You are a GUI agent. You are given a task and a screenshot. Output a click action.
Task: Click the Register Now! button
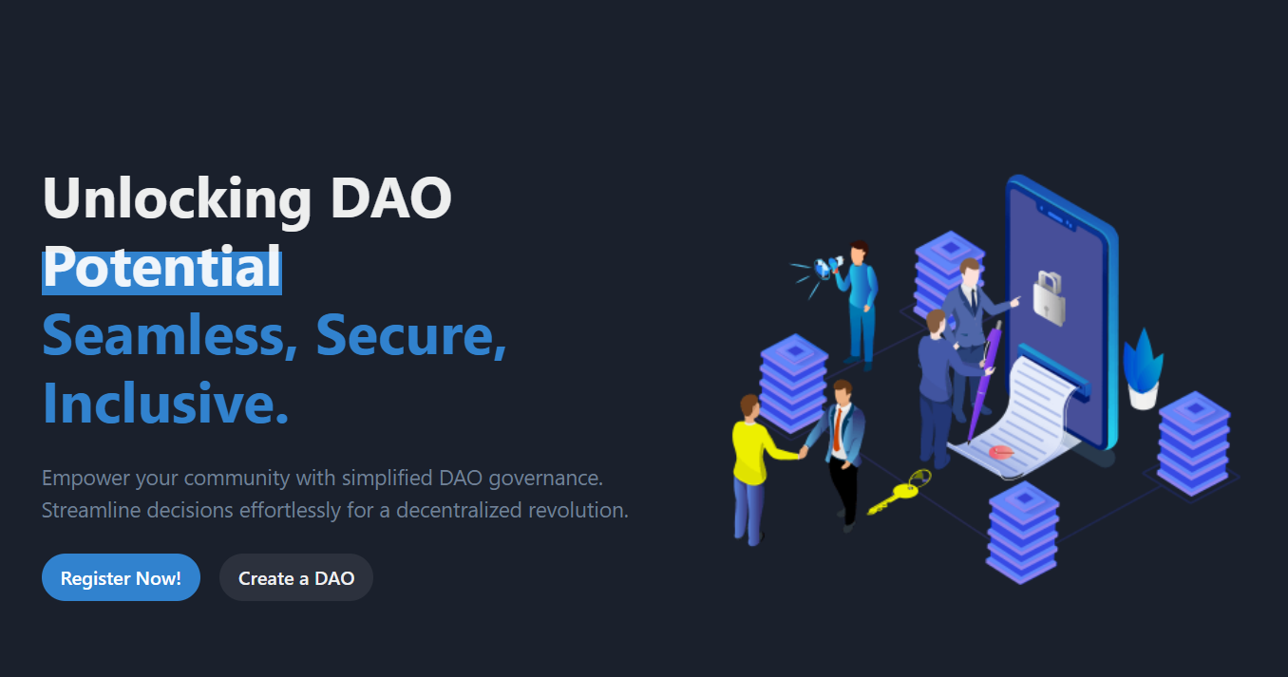121,577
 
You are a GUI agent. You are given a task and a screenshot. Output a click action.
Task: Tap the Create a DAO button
296,577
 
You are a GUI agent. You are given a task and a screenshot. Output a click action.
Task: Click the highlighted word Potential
162,267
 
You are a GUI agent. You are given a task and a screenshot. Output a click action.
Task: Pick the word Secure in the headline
411,335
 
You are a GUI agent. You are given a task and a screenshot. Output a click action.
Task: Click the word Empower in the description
85,479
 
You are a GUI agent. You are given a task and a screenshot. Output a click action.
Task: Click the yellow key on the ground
900,492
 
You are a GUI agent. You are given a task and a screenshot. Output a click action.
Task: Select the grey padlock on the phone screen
1049,299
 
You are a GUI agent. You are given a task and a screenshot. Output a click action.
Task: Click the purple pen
984,382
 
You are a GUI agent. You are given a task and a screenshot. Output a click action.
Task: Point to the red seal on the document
1001,452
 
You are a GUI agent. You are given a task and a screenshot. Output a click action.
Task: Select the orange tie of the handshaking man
837,429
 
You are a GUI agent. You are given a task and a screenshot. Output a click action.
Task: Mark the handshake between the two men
803,452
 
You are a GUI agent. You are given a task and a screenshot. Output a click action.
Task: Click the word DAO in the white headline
391,197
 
